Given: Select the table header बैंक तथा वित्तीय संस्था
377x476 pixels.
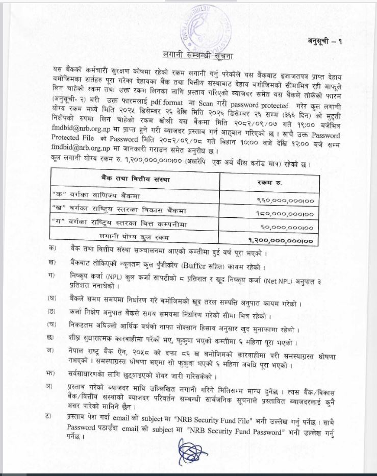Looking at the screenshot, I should click(x=135, y=179).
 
